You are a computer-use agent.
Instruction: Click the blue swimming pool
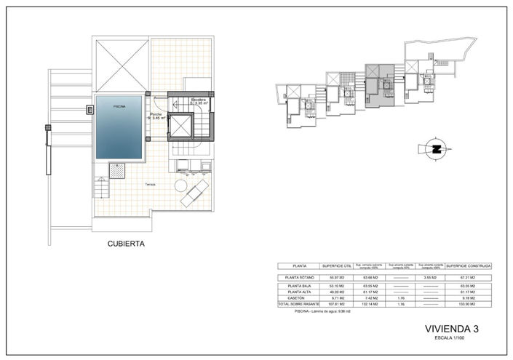[x=119, y=131]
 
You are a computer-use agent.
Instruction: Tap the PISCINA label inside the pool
[x=119, y=106]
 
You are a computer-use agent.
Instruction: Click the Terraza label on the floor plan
[x=151, y=184]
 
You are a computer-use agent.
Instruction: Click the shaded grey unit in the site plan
[x=378, y=91]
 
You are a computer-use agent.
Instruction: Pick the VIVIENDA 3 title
[x=451, y=329]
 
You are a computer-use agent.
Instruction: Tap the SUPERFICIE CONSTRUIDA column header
[x=469, y=266]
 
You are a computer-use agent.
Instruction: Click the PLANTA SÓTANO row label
[x=299, y=278]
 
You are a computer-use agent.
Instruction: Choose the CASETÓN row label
[x=299, y=297]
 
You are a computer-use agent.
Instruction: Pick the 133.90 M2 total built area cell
[x=469, y=303]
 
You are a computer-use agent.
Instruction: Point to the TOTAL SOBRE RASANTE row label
[x=299, y=303]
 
